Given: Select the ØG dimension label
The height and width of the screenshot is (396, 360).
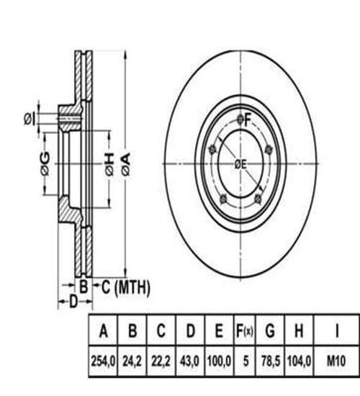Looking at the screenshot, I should pyautogui.click(x=45, y=164).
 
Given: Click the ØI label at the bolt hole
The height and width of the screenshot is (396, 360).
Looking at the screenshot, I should pyautogui.click(x=29, y=118).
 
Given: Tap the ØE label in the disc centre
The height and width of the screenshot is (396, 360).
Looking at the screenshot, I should pyautogui.click(x=240, y=164).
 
